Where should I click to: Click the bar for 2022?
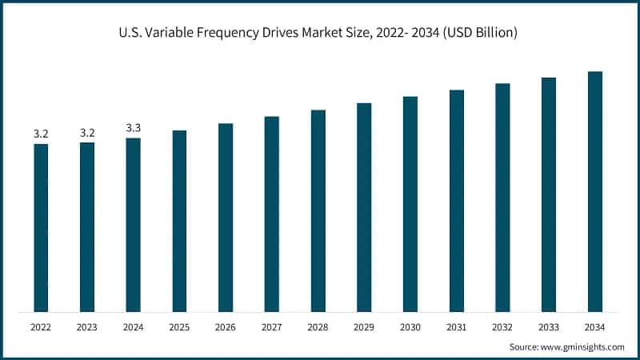[41, 228]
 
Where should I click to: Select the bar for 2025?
[179, 221]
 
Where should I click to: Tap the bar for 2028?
[318, 210]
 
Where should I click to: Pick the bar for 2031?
[457, 201]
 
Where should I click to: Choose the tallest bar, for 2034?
[595, 191]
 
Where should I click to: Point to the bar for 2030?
[410, 204]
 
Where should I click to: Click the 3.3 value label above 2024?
[133, 128]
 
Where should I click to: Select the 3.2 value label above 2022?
[41, 134]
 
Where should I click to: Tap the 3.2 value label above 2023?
[87, 133]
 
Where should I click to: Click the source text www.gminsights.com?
[583, 346]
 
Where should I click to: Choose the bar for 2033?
[549, 194]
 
